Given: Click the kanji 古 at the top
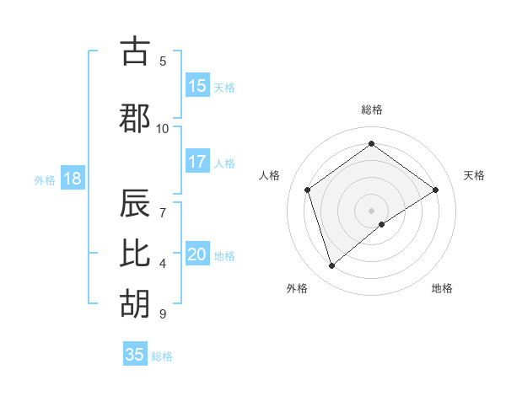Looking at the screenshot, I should click(136, 52).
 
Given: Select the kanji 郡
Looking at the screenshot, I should click(136, 117).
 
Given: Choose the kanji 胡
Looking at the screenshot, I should click(136, 304).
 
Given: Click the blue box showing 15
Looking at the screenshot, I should click(197, 86).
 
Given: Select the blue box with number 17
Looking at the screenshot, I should click(197, 162).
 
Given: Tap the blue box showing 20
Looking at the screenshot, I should click(197, 254).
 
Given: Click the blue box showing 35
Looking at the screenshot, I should click(135, 355).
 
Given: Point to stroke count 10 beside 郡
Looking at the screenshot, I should click(163, 128).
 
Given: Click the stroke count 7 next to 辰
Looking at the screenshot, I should click(163, 203).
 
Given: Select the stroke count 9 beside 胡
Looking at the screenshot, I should click(163, 314).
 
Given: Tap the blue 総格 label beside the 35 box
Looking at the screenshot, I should click(162, 356).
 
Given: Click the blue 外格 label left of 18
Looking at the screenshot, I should click(44, 180).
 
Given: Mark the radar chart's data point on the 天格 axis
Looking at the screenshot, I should click(436, 190).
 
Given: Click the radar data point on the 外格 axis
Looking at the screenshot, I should click(331, 266).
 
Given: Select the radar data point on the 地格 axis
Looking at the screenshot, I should click(382, 224).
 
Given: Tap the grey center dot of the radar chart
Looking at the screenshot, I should click(371, 210).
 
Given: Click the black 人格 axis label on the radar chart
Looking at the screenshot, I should click(269, 175).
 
